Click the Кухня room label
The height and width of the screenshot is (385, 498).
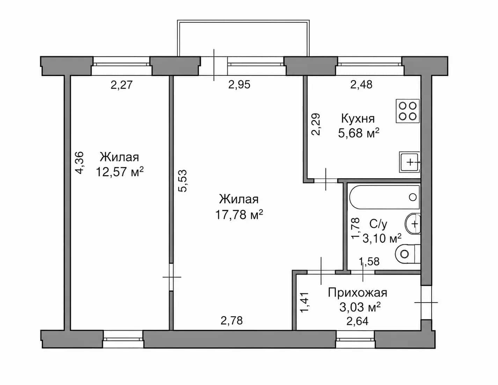pyautogui.click(x=358, y=119)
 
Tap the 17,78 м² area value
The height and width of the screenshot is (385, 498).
pyautogui.click(x=239, y=215)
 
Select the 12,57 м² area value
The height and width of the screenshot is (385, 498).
pyautogui.click(x=120, y=172)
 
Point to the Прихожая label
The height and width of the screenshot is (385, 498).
pyautogui.click(x=358, y=293)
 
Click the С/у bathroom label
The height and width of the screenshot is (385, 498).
pyautogui.click(x=378, y=224)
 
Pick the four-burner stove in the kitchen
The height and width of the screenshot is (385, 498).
pyautogui.click(x=408, y=111)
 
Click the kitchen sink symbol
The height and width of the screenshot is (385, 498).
pyautogui.click(x=410, y=162)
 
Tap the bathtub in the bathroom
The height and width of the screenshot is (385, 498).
pyautogui.click(x=385, y=197)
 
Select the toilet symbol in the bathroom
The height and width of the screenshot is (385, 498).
pyautogui.click(x=408, y=254)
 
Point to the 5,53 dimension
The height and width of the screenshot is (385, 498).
pyautogui.click(x=183, y=181)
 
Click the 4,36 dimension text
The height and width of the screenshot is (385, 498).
pyautogui.click(x=80, y=163)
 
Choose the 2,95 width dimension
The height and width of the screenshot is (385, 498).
pyautogui.click(x=239, y=85)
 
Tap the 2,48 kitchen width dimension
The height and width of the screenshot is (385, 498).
pyautogui.click(x=361, y=85)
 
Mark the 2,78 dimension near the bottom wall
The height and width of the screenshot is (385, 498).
pyautogui.click(x=232, y=321)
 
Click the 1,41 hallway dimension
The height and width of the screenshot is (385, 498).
pyautogui.click(x=305, y=302)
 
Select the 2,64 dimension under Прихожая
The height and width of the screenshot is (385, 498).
pyautogui.click(x=358, y=321)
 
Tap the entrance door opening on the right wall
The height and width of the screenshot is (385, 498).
pyautogui.click(x=426, y=302)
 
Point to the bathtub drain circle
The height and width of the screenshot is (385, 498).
pyautogui.click(x=413, y=197)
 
